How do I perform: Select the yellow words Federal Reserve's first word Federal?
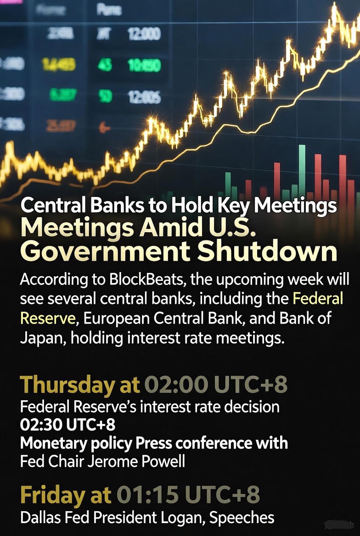tap(318, 299)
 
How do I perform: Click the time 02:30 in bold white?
tap(41, 425)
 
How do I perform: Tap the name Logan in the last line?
tap(186, 518)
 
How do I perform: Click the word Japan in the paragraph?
tap(39, 339)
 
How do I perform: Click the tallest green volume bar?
tap(302, 170)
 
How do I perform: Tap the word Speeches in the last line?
tap(242, 518)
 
